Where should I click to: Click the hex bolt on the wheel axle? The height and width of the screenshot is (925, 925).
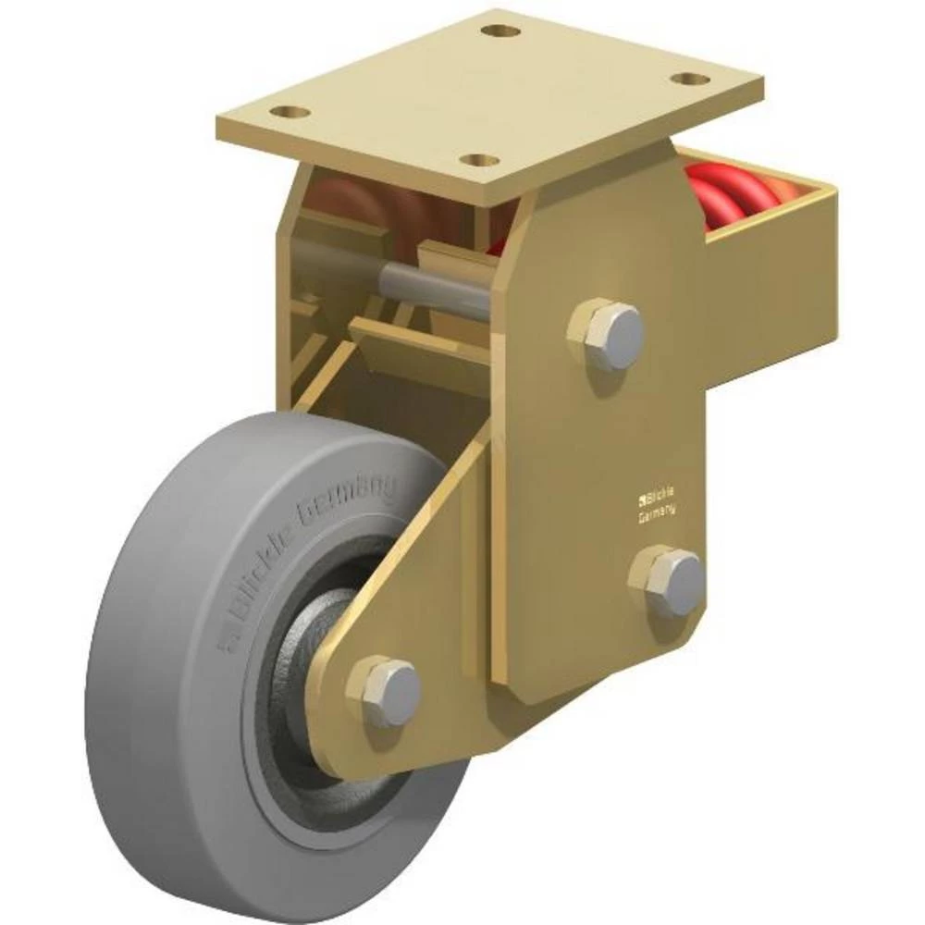pyautogui.click(x=384, y=691)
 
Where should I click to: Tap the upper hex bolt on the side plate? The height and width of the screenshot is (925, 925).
pyautogui.click(x=607, y=333)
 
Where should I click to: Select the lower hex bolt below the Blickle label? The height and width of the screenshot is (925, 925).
pyautogui.click(x=668, y=582)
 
